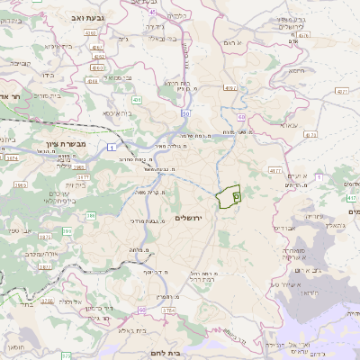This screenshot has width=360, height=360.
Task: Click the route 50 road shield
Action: coord(186,114)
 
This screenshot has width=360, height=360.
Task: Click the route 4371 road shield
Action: coord(339,91)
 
